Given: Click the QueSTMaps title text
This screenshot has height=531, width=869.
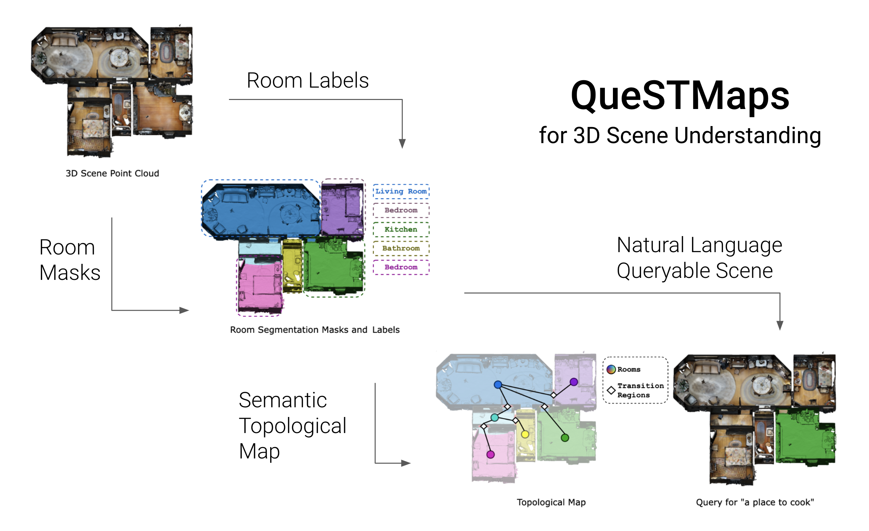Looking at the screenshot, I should point(680,96).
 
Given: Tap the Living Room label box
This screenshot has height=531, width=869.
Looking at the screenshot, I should point(401,191).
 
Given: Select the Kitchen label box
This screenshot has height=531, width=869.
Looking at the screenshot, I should point(401,229).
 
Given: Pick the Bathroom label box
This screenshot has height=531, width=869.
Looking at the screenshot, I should point(401,248).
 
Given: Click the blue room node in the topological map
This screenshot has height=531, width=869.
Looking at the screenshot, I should point(498,385).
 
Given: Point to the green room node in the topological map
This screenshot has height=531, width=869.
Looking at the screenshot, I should point(565,438).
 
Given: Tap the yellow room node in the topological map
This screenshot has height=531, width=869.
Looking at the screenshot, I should point(525,434).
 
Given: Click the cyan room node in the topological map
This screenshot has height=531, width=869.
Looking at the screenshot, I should point(495,418).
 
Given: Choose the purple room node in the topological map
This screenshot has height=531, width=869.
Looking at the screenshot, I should point(574,382).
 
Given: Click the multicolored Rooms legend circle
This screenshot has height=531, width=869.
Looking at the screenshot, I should point(611,369).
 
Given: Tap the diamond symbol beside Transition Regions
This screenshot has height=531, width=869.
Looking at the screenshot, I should point(611,391).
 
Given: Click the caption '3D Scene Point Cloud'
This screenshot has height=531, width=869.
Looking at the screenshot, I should point(112,173).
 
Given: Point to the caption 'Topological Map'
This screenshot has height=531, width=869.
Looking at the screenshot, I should point(551,502).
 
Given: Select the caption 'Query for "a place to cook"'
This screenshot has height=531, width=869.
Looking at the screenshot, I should point(755,502).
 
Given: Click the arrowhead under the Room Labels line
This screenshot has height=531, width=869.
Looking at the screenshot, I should point(402,143).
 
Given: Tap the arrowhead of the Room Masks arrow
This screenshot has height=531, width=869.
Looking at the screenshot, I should point(184,310).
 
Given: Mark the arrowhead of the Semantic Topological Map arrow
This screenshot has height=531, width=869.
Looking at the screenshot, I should point(406,463).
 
